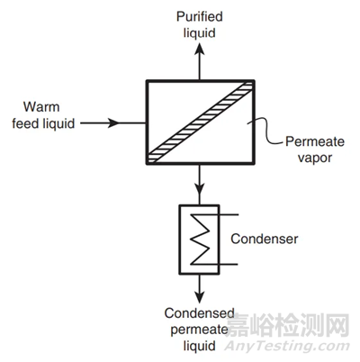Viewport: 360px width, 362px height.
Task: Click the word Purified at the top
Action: click(x=200, y=17)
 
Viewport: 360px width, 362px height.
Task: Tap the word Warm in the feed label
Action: click(x=41, y=107)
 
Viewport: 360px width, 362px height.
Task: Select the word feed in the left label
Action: click(x=26, y=123)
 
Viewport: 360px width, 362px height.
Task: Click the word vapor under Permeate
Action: click(x=315, y=158)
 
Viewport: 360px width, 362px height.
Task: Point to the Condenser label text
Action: click(x=265, y=239)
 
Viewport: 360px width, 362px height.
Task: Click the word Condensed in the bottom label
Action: click(x=199, y=313)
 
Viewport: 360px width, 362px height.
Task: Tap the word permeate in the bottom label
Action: click(x=199, y=330)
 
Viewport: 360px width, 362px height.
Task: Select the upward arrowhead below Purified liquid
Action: click(x=199, y=49)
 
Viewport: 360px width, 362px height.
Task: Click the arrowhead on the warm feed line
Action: click(x=113, y=123)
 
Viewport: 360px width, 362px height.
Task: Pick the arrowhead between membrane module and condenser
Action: click(x=199, y=188)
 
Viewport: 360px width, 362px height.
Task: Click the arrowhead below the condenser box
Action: click(x=199, y=296)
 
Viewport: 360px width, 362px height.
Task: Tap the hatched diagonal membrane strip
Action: click(x=201, y=122)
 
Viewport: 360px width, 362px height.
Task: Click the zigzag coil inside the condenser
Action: click(x=200, y=240)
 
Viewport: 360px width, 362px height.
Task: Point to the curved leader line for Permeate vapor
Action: click(x=265, y=131)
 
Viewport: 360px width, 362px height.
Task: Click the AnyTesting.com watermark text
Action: click(x=287, y=347)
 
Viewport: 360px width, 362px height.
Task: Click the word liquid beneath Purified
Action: click(x=200, y=32)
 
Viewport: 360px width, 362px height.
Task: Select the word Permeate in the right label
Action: click(x=315, y=141)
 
